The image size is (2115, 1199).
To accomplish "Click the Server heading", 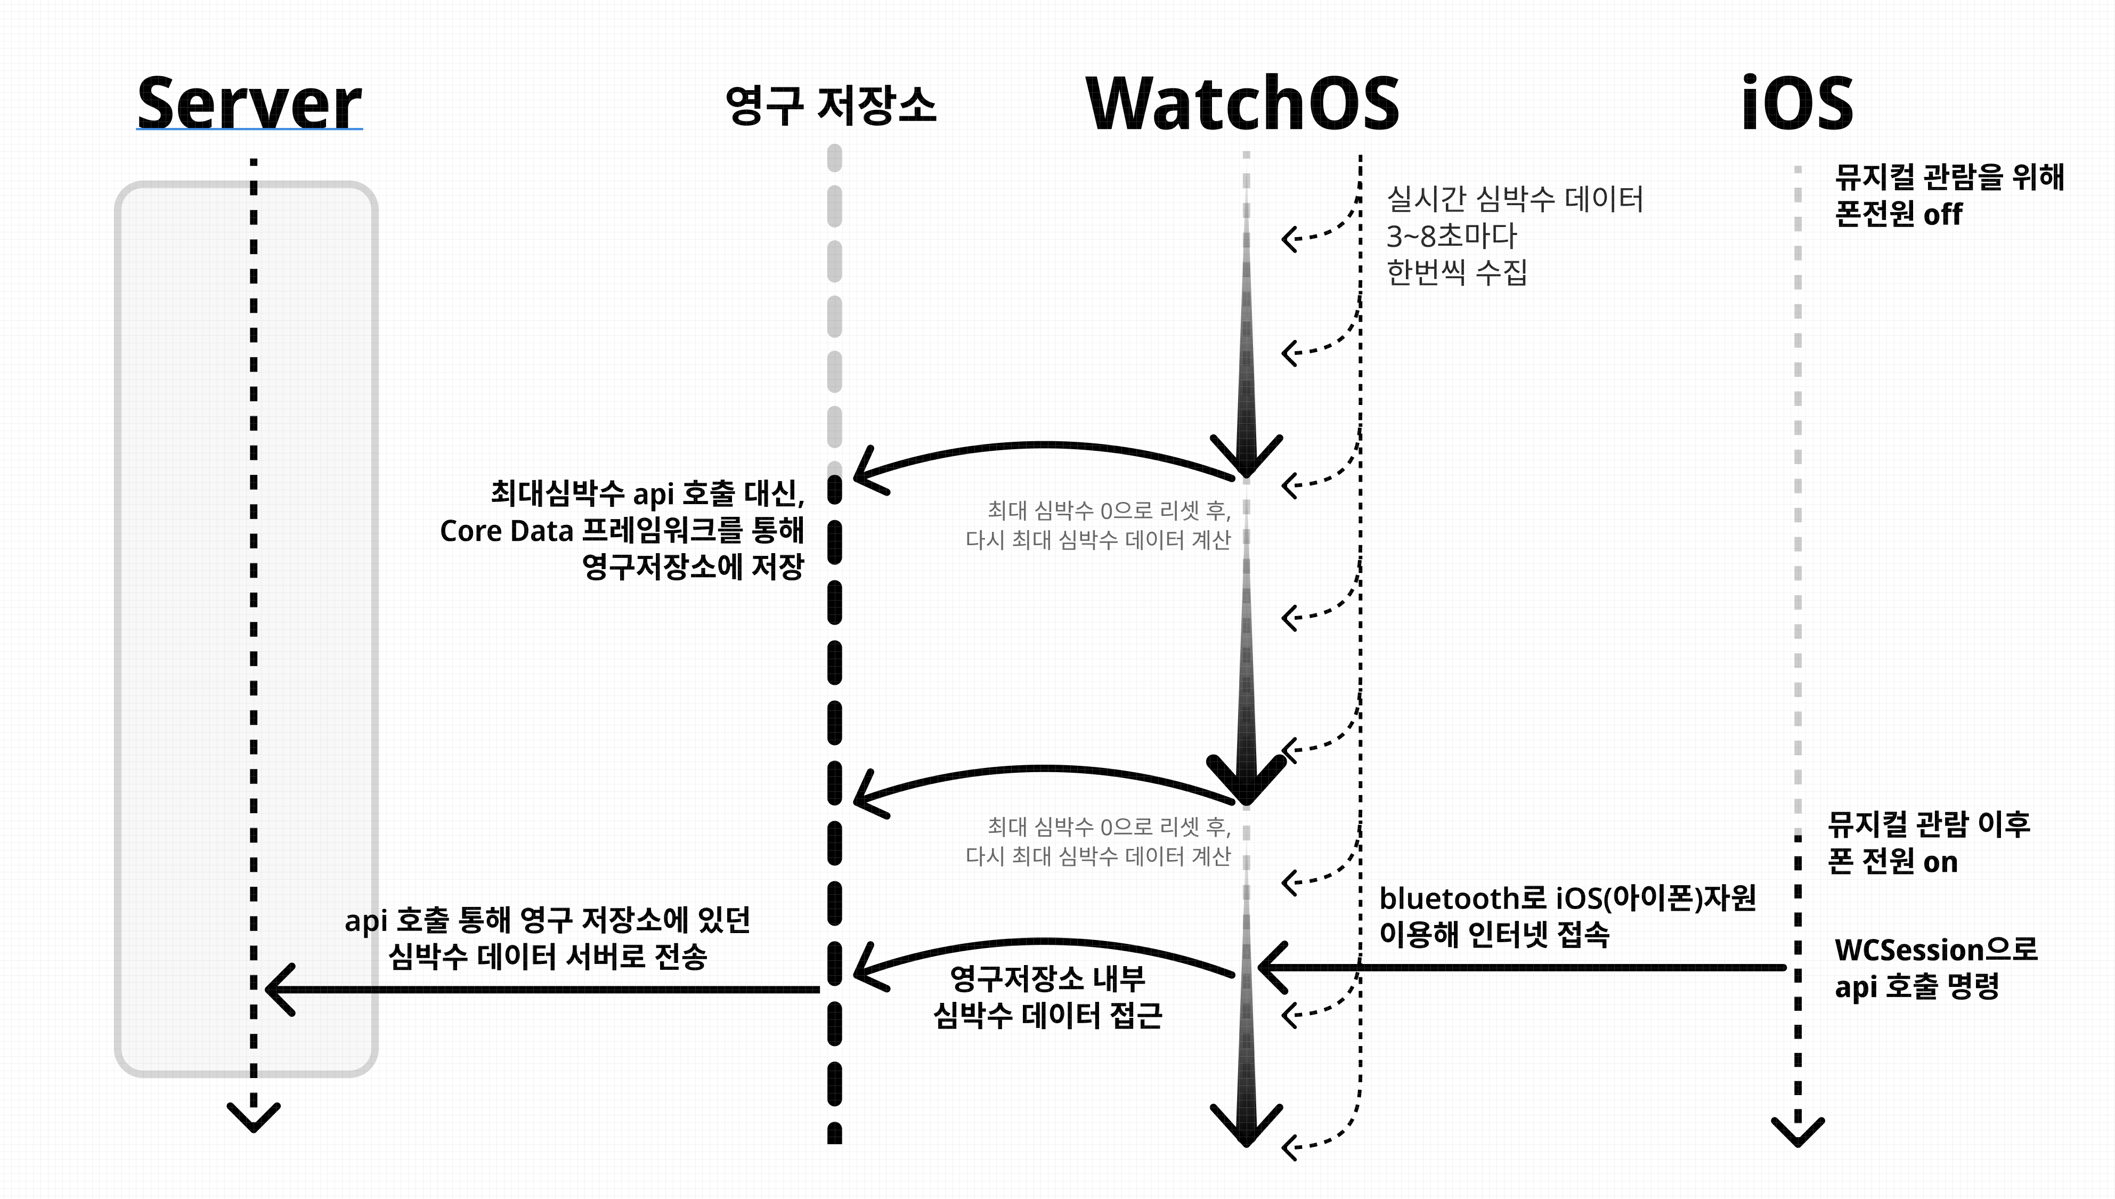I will (249, 103).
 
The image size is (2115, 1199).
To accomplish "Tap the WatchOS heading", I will (1242, 103).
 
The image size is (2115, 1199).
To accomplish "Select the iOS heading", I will (1797, 103).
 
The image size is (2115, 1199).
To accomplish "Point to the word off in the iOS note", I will (1943, 215).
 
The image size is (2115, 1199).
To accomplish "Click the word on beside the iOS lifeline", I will (1940, 862).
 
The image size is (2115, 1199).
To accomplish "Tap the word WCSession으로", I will (1935, 950).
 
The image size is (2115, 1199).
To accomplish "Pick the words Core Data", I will (506, 531).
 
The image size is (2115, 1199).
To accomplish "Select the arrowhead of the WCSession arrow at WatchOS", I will (1272, 968).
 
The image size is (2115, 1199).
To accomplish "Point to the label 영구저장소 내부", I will (1047, 978).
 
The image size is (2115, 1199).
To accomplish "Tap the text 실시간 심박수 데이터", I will (1515, 198).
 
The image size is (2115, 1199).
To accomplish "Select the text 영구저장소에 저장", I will (693, 566).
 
